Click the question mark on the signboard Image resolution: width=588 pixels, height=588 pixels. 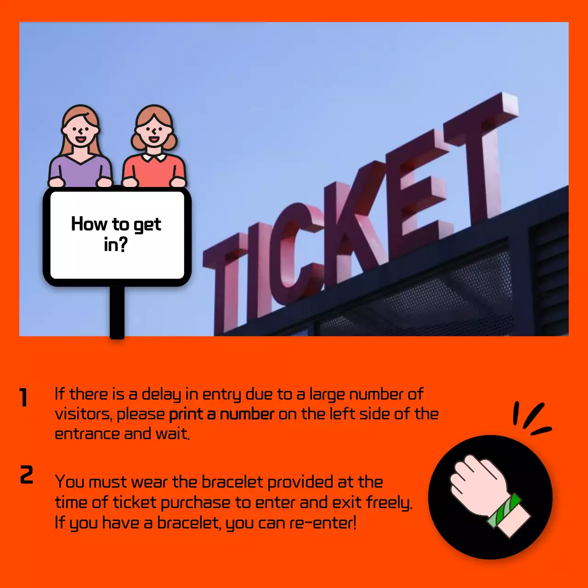[x=121, y=244]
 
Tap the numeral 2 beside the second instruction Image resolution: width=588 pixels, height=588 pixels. [x=27, y=475]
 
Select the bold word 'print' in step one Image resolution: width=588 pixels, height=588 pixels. [x=186, y=414]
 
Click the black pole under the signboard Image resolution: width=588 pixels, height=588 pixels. [x=117, y=312]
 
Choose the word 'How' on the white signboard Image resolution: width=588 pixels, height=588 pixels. [x=89, y=224]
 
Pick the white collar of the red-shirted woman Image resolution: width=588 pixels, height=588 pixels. [x=154, y=158]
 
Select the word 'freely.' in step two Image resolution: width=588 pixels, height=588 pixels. [x=389, y=503]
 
